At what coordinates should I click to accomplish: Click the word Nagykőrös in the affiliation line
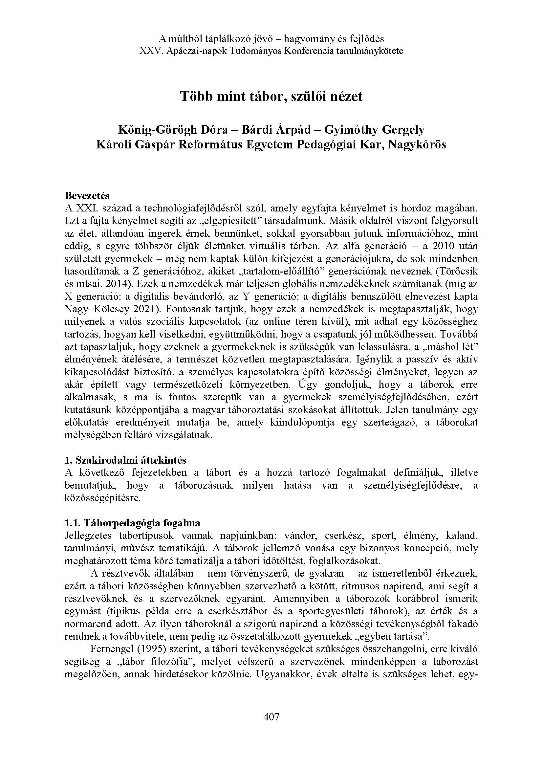[417, 145]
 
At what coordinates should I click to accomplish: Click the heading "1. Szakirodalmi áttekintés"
[125, 460]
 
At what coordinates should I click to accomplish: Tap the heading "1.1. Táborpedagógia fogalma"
[132, 523]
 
